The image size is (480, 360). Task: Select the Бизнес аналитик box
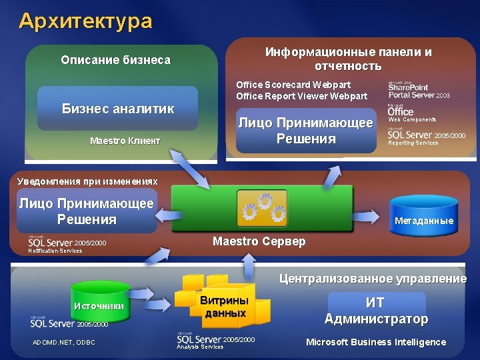[x=118, y=109]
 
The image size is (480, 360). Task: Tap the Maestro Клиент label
[x=125, y=141]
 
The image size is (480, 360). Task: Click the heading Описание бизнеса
[x=115, y=60]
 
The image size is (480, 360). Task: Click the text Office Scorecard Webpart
[x=293, y=85]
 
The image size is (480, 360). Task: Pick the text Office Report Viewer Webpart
[x=301, y=96]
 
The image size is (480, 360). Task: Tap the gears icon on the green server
[x=262, y=208]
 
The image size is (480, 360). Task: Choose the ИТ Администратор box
[x=376, y=310]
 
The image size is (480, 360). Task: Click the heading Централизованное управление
[x=372, y=279]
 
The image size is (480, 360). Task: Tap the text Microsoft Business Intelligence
[x=375, y=342]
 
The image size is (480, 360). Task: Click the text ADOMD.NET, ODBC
[x=63, y=343]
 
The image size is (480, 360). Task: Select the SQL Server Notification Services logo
[x=67, y=245]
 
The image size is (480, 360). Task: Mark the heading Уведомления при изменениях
[x=87, y=181]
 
